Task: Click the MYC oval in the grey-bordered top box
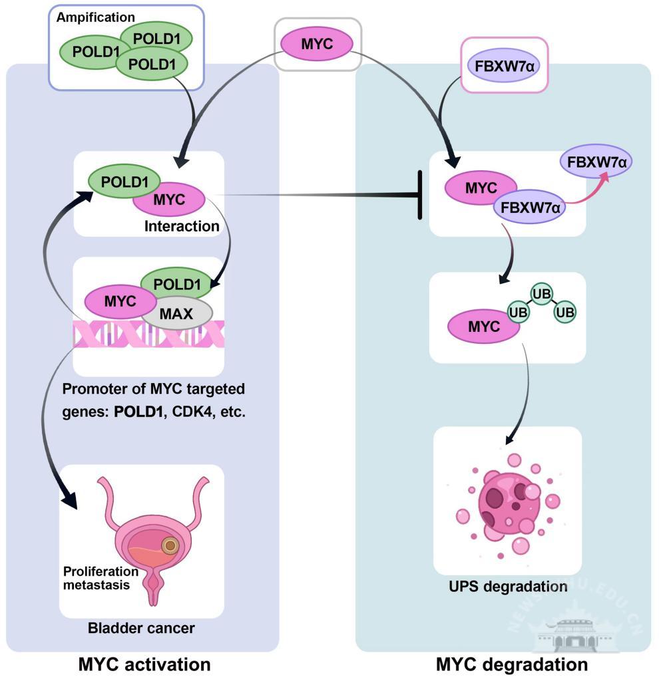(x=317, y=44)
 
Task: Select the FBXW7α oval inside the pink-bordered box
(x=504, y=66)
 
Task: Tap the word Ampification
(x=95, y=17)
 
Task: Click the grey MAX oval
(x=176, y=313)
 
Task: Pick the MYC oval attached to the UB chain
(x=483, y=327)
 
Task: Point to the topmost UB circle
(x=541, y=294)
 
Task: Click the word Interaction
(x=182, y=226)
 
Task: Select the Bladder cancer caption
(x=141, y=628)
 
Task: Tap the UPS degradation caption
(x=508, y=587)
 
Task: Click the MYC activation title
(x=144, y=664)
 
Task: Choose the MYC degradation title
(x=512, y=664)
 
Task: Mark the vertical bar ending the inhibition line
(x=419, y=195)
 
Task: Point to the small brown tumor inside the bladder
(x=170, y=546)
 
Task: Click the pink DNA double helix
(x=148, y=334)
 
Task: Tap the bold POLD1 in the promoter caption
(x=138, y=412)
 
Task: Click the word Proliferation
(x=101, y=571)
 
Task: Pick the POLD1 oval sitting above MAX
(x=177, y=284)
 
